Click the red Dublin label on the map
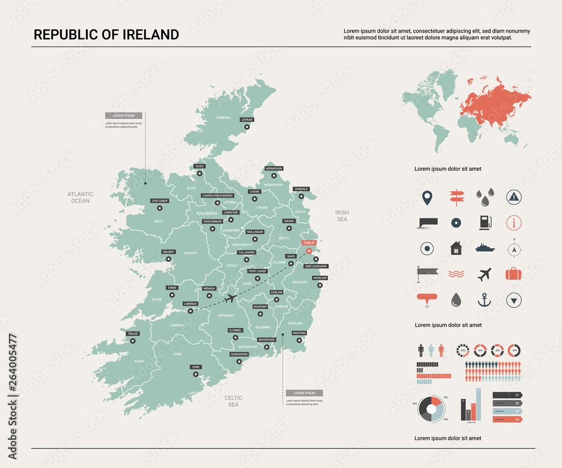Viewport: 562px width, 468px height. click(x=309, y=243)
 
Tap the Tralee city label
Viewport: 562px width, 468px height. click(x=133, y=334)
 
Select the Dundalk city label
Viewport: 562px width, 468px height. click(x=302, y=189)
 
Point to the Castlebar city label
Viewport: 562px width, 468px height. click(x=159, y=201)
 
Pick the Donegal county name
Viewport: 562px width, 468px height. click(x=224, y=118)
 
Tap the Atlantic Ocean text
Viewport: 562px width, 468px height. click(x=80, y=197)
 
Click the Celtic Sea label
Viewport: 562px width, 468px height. click(x=233, y=401)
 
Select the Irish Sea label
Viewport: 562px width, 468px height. click(x=342, y=216)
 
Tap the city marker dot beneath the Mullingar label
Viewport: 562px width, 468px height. click(x=255, y=239)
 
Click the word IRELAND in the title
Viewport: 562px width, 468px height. click(x=148, y=35)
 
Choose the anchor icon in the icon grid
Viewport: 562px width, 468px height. click(x=484, y=300)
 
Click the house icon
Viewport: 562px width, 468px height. click(x=456, y=248)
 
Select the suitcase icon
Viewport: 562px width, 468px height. click(x=513, y=274)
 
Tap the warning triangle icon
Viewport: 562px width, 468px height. click(x=514, y=196)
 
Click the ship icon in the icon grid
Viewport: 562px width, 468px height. click(x=484, y=248)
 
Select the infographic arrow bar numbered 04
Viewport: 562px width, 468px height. click(x=507, y=419)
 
